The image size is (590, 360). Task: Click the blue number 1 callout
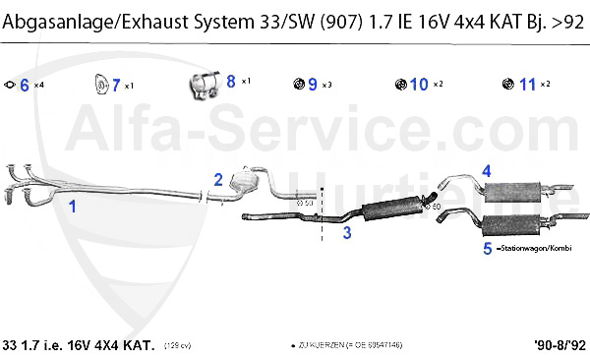pyautogui.click(x=72, y=207)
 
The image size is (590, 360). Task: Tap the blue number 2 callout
pyautogui.click(x=218, y=179)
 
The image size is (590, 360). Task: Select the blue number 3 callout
pyautogui.click(x=346, y=233)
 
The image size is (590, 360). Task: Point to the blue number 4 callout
pyautogui.click(x=486, y=171)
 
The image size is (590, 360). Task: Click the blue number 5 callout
pyautogui.click(x=488, y=249)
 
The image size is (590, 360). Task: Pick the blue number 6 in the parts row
pyautogui.click(x=25, y=85)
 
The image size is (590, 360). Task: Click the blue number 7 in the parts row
pyautogui.click(x=116, y=85)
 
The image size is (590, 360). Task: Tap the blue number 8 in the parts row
pyautogui.click(x=230, y=82)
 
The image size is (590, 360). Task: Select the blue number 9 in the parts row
pyautogui.click(x=313, y=85)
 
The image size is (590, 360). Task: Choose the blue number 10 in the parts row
pyautogui.click(x=419, y=85)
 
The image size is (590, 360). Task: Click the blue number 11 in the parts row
pyautogui.click(x=528, y=85)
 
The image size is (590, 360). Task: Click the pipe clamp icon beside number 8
pyautogui.click(x=204, y=86)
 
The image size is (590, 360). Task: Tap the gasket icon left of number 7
pyautogui.click(x=99, y=84)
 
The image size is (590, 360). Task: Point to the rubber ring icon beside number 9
pyautogui.click(x=299, y=85)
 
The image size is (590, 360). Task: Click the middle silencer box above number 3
pyautogui.click(x=390, y=210)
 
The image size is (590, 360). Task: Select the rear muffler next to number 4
pyautogui.click(x=511, y=189)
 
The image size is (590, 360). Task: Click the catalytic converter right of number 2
pyautogui.click(x=243, y=180)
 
